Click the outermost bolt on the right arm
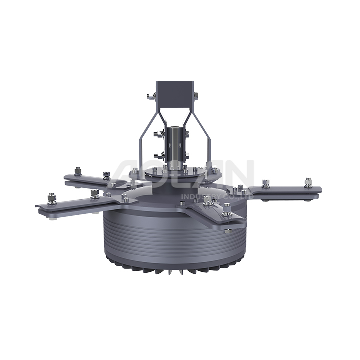(x=308, y=182)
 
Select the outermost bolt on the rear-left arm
(x=78, y=171)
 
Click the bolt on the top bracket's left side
(x=152, y=95)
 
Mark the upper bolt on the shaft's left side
(x=161, y=133)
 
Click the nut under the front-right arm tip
(x=227, y=231)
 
